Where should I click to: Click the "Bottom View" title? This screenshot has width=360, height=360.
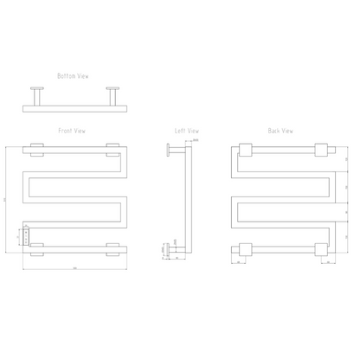pyautogui.click(x=73, y=75)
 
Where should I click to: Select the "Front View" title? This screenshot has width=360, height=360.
pyautogui.click(x=73, y=131)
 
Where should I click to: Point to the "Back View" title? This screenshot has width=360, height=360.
pyautogui.click(x=280, y=131)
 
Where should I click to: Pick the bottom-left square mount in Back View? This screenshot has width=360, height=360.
pyautogui.click(x=244, y=251)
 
